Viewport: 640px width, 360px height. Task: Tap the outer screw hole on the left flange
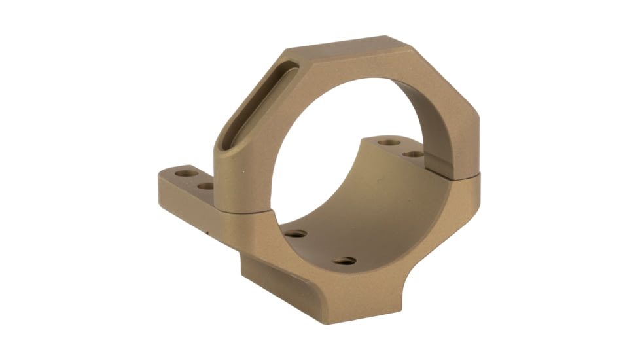pos(187,174)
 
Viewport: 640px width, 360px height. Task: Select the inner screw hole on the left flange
pos(205,186)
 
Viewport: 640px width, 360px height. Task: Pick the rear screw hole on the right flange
pos(389,142)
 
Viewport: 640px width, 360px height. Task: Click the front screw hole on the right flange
pos(414,154)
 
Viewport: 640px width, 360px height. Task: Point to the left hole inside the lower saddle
pos(296,234)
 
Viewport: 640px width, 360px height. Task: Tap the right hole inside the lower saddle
pos(344,261)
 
